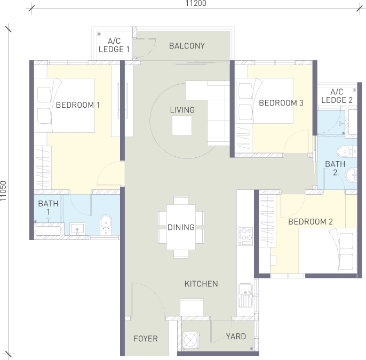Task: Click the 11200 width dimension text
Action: point(196,3)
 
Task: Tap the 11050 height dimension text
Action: point(4,191)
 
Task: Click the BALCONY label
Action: point(187,46)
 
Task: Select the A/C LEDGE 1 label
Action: point(114,45)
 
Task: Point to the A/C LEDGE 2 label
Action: point(337,96)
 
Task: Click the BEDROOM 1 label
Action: point(78,105)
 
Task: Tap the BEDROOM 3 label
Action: point(281,103)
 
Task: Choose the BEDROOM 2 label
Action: point(311,222)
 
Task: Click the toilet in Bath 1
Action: point(106,225)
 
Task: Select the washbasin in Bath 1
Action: point(77,229)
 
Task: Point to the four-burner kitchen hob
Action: point(245,236)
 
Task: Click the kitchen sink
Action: point(245,295)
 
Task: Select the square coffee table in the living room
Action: point(182,125)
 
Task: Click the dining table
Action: point(181,227)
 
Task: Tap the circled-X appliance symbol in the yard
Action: point(191,340)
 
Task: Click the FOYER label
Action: point(146,339)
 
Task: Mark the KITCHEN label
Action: point(201,284)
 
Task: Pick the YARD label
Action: point(236,337)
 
